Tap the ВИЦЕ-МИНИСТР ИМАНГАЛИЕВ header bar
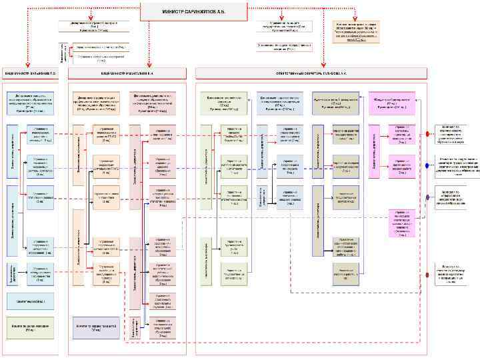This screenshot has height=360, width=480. pos(127,72)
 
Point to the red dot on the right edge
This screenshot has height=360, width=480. pos(427,134)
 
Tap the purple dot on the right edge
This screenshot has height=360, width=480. pos(427,197)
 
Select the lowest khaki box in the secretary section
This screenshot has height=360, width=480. pos(347,273)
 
